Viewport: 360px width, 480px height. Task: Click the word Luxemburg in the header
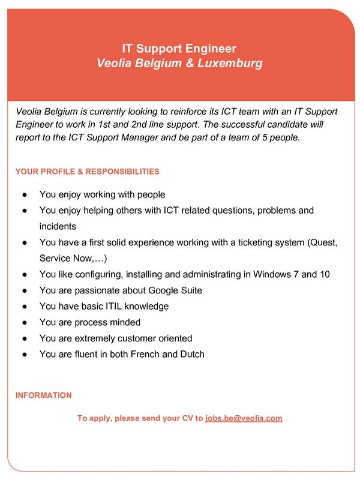point(230,63)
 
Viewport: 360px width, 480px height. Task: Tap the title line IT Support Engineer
point(179,48)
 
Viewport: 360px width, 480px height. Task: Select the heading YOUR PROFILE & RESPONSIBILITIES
point(88,172)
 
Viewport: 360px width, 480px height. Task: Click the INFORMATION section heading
point(43,395)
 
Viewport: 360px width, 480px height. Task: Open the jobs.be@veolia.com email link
point(244,418)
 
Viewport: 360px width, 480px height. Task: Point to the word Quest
point(326,242)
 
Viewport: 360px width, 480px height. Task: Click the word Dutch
point(191,354)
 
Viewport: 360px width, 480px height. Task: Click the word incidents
point(58,226)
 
